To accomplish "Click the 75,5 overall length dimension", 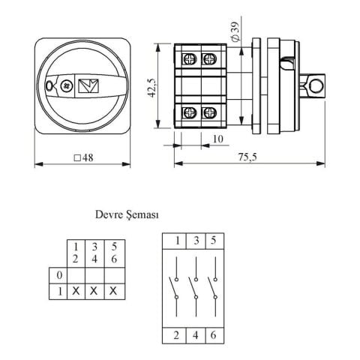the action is (x=247, y=157).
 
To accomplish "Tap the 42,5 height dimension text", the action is (x=151, y=88).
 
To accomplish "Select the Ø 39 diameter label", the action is (x=235, y=32).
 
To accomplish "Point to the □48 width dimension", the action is (x=84, y=157).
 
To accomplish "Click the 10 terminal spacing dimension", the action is (x=218, y=139).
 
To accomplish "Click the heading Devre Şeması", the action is (x=127, y=214).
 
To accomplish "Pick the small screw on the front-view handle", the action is (x=67, y=85).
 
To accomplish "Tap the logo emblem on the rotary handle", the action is (x=88, y=85).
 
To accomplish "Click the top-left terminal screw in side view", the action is (x=189, y=59).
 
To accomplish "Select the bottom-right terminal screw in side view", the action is (x=208, y=113).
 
